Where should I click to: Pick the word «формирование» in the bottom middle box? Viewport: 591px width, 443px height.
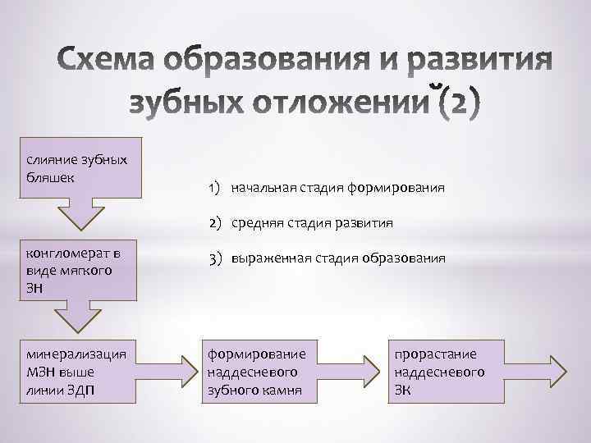(x=255, y=354)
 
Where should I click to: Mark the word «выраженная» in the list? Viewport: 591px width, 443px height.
(x=267, y=257)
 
